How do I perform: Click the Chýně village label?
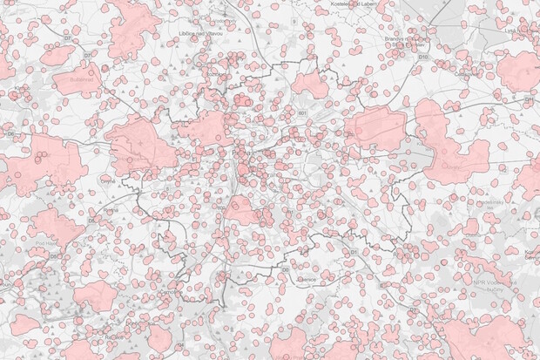[107, 180]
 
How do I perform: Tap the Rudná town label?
[110, 209]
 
